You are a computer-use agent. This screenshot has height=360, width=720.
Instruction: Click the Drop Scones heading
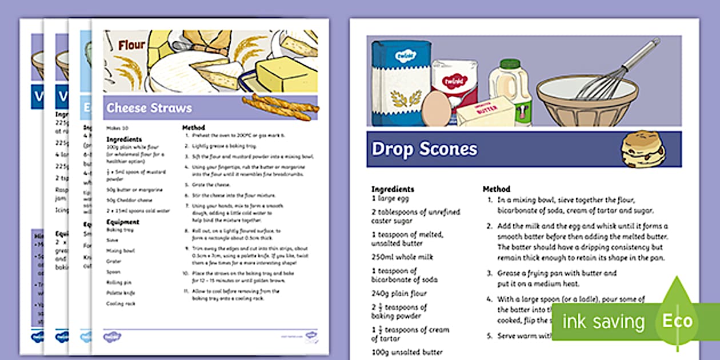pos(424,149)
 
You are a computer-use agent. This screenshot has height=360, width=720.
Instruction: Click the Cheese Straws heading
pos(149,108)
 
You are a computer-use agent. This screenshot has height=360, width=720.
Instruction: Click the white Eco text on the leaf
pos(677,321)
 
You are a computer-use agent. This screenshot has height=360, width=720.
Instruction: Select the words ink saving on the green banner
pos(603,321)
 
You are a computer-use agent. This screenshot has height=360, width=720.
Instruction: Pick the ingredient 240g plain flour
pos(399,294)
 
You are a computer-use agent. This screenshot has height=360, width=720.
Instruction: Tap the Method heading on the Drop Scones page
pos(497,189)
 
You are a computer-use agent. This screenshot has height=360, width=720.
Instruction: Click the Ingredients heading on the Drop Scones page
pos(393,189)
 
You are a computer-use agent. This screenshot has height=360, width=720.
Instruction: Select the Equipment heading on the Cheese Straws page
pos(123,222)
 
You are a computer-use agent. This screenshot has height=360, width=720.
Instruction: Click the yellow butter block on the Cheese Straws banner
pos(286,74)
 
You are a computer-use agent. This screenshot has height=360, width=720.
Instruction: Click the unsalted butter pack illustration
pos(485,112)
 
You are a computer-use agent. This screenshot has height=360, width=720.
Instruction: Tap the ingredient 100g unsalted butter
pos(407,353)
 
